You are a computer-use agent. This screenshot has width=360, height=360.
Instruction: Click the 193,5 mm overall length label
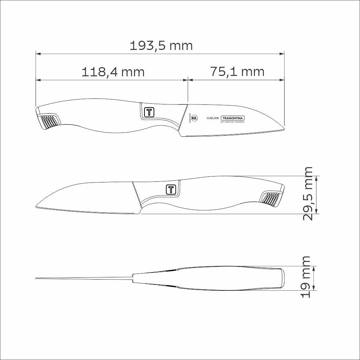(161, 46)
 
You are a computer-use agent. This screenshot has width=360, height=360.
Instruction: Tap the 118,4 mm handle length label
(113, 72)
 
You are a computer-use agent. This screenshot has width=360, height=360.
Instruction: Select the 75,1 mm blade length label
(237, 72)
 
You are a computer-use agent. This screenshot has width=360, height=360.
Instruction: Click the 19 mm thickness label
(306, 277)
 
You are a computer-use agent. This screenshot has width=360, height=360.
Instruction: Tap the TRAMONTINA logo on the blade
(232, 118)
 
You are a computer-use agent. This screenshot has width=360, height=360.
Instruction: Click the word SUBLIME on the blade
(213, 118)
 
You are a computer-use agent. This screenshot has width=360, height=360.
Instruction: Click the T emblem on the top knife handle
(149, 112)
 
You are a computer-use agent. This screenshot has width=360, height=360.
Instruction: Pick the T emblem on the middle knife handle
(171, 189)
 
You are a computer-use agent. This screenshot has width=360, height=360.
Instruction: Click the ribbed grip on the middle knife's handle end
(271, 198)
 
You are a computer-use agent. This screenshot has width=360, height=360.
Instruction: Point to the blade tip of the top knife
(283, 129)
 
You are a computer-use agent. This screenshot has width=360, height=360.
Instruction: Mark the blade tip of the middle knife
(37, 207)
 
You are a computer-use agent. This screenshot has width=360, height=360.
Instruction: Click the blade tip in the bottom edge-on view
(37, 279)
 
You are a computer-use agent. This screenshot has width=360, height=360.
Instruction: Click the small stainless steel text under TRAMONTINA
(232, 122)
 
